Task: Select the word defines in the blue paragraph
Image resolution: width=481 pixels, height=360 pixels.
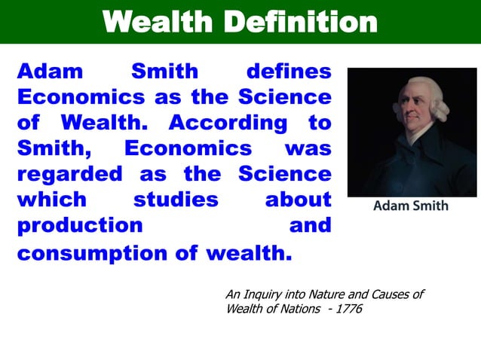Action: [x=289, y=72]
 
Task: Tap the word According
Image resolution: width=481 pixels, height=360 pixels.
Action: [x=228, y=122]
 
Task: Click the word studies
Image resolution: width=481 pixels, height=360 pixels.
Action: [x=176, y=200]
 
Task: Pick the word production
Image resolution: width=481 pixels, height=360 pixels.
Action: [x=80, y=225]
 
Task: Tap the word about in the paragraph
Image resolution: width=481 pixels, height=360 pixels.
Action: [x=298, y=200]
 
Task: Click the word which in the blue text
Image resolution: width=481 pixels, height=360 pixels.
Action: [x=52, y=200]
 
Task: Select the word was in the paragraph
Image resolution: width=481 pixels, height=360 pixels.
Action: [x=308, y=148]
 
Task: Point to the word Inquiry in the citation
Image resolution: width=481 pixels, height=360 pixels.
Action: [x=264, y=294]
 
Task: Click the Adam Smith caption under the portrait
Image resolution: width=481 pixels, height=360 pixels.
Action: [x=411, y=206]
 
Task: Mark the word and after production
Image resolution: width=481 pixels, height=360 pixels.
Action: [x=311, y=225]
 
